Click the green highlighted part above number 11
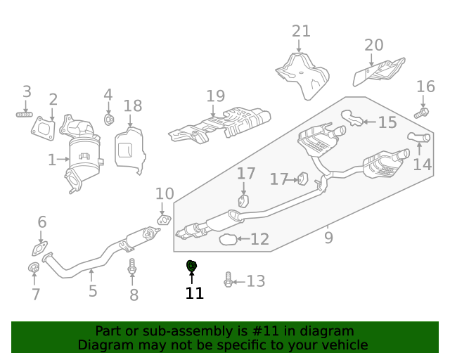point(191,266)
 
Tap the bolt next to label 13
point(228,280)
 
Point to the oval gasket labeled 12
point(228,240)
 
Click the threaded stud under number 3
point(25,113)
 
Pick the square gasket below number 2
point(44,128)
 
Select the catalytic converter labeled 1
point(83,156)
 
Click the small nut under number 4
point(109,120)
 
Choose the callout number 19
point(215,96)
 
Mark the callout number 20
point(374,45)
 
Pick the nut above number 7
point(33,268)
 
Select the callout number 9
point(328,238)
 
